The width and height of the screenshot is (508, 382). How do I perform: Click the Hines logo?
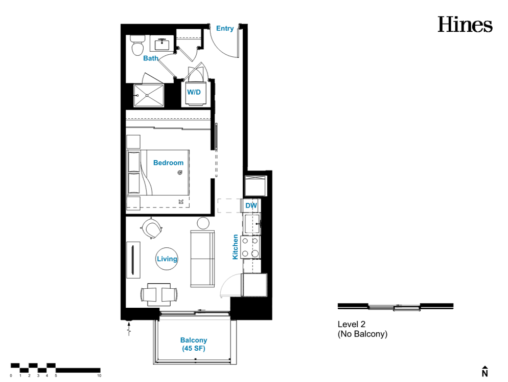465,25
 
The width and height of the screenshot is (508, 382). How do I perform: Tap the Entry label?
225,29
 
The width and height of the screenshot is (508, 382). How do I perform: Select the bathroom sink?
161,44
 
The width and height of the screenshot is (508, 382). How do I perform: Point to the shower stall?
149,95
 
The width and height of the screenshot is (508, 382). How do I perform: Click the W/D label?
194,92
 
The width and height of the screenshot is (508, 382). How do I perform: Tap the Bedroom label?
168,163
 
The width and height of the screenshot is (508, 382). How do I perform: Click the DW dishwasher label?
251,205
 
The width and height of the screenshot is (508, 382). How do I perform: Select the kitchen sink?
252,224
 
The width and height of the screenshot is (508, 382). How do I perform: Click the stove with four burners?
250,247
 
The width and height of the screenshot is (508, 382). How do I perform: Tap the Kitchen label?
235,247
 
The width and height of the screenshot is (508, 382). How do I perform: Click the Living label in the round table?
167,259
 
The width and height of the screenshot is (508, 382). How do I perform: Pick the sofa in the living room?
202,259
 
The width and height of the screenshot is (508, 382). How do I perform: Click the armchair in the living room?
152,228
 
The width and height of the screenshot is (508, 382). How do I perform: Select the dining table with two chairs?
159,295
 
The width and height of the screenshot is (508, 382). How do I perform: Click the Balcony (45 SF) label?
193,344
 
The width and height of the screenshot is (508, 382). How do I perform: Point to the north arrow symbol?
484,371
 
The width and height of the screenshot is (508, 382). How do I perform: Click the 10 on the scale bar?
99,375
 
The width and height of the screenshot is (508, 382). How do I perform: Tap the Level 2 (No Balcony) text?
362,329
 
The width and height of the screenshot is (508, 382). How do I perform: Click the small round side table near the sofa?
203,223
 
